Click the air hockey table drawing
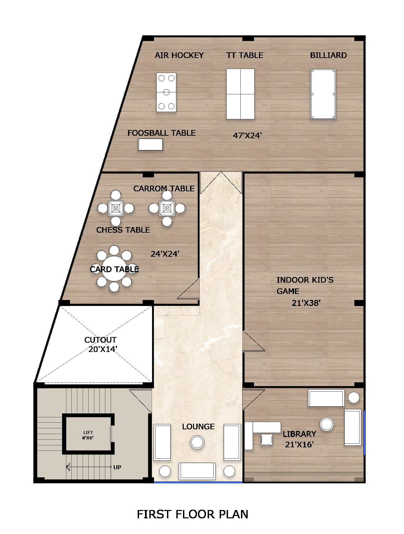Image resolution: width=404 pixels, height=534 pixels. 166,92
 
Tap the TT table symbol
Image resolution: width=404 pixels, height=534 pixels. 240,94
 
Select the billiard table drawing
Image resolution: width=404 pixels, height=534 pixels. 323,94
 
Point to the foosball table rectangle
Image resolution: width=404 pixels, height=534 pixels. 151,145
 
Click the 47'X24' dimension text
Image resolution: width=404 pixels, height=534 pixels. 247,136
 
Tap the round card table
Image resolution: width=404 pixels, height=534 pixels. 114,268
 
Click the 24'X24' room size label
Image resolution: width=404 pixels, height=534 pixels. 165,254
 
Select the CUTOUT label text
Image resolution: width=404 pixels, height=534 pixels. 100,340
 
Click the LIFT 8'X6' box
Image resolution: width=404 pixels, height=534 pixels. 88,435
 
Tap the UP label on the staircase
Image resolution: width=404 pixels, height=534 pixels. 117,467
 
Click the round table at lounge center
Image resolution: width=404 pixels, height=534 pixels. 197,442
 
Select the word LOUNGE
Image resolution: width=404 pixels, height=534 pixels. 198,427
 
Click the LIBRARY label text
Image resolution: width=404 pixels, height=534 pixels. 299,434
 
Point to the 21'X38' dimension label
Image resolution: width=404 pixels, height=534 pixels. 306,303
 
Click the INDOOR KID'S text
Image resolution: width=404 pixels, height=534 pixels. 305,280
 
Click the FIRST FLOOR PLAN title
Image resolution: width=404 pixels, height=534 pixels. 192,514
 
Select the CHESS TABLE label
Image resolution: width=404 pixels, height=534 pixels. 123,230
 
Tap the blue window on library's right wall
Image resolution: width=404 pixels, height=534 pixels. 364,433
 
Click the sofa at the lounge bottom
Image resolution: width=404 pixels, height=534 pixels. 197,471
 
